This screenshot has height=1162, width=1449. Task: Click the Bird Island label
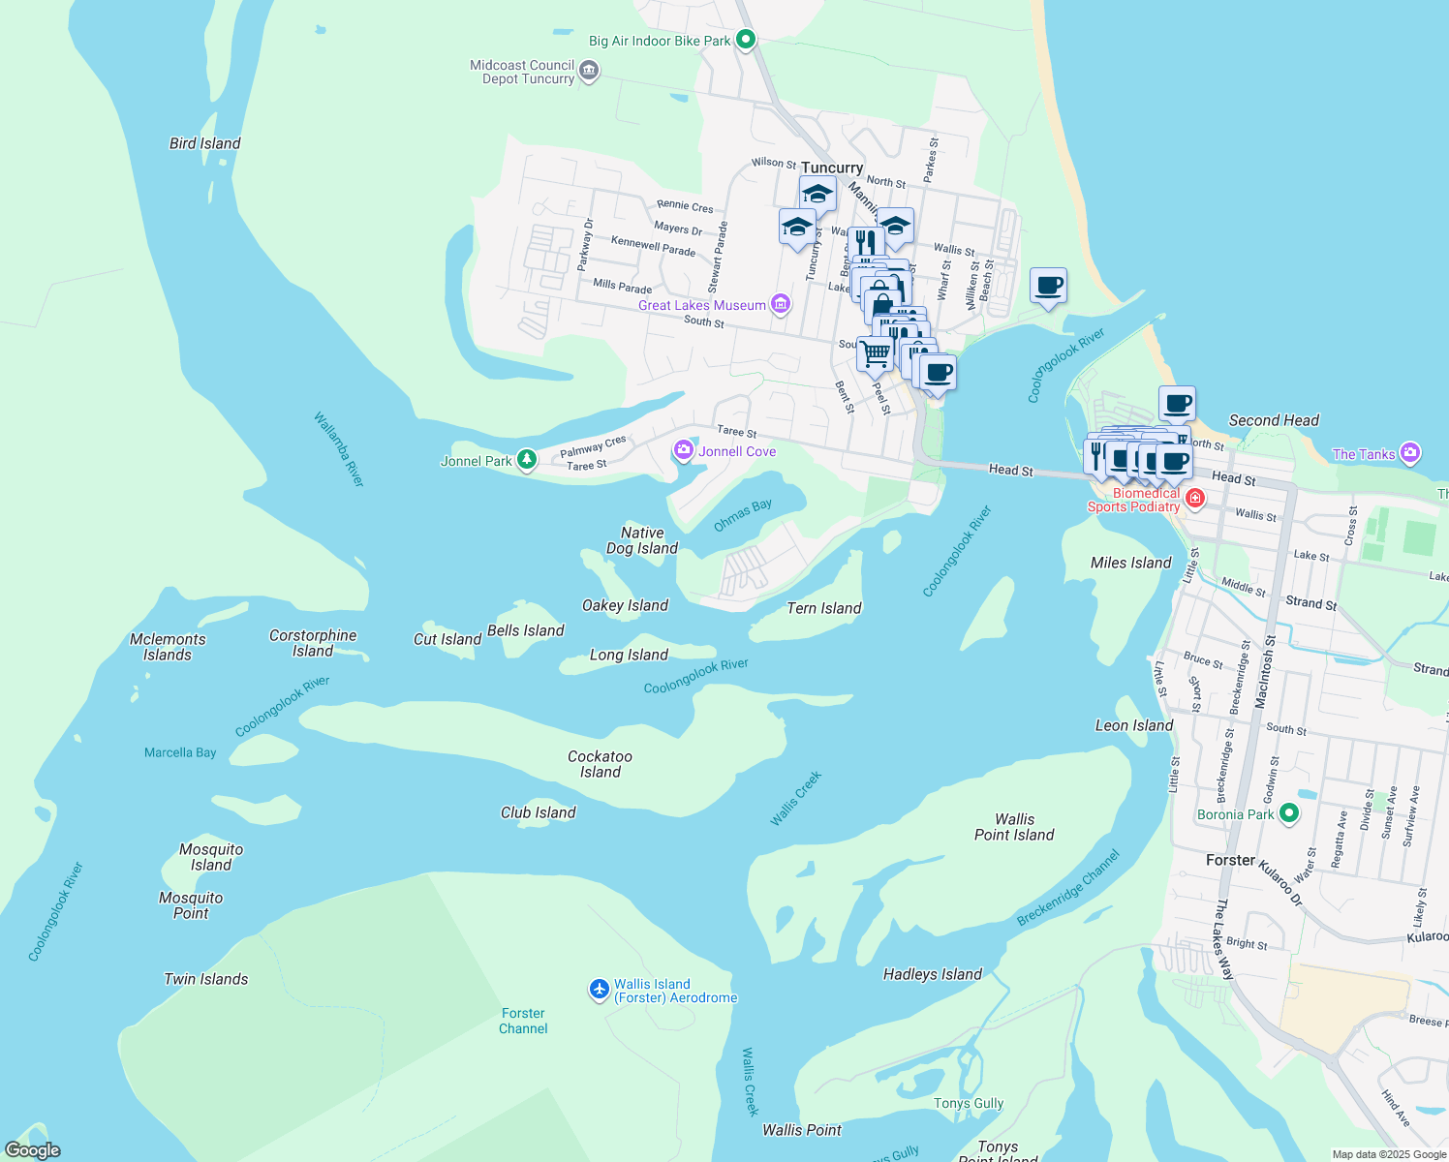click(x=204, y=143)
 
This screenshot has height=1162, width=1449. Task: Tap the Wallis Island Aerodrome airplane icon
click(x=600, y=990)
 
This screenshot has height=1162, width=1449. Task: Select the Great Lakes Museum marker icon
click(x=781, y=305)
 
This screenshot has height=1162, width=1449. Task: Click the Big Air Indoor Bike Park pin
click(x=746, y=40)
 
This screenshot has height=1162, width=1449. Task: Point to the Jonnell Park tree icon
click(x=527, y=460)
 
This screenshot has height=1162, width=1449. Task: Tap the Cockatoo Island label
click(x=600, y=764)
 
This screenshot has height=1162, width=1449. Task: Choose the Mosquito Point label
click(x=191, y=905)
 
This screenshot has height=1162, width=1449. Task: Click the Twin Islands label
click(x=205, y=979)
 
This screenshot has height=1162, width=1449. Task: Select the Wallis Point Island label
click(x=1014, y=827)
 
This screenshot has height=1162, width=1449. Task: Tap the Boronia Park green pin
click(x=1288, y=813)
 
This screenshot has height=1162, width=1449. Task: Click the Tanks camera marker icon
click(x=1410, y=453)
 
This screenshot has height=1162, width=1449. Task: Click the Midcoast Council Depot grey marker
click(x=589, y=72)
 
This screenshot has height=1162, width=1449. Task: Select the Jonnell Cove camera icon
click(x=684, y=450)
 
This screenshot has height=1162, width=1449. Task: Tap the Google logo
click(x=32, y=1150)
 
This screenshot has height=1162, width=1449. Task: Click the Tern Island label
click(x=823, y=608)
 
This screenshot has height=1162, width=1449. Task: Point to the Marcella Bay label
click(x=180, y=752)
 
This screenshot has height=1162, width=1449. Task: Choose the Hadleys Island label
click(x=932, y=974)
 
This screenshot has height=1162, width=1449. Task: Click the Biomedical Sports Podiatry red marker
click(x=1195, y=499)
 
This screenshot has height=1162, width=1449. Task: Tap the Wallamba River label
click(x=339, y=449)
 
